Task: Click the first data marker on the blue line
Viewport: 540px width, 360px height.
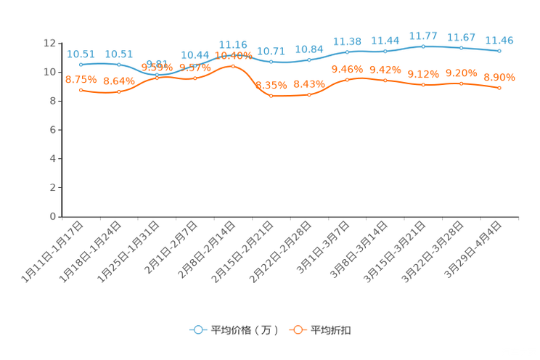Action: (x=81, y=65)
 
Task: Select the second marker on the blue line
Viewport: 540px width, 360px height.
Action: (x=119, y=65)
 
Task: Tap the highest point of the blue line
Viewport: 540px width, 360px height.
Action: (x=424, y=46)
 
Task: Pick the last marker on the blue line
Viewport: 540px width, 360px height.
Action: (x=500, y=51)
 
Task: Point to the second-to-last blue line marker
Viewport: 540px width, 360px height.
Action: (x=462, y=48)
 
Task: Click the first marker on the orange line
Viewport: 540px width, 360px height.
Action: (x=81, y=90)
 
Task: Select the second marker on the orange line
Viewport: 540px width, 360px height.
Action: (x=119, y=91)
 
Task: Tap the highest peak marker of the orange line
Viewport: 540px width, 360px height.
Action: (x=233, y=66)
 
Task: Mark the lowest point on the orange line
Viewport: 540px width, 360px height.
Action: (x=271, y=96)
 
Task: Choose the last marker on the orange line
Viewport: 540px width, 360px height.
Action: (x=500, y=87)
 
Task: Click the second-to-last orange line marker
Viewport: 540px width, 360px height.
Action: (x=462, y=83)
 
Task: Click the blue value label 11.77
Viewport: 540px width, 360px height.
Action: (x=424, y=36)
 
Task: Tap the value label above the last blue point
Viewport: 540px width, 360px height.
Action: (x=500, y=40)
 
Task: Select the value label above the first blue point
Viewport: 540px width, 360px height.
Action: (x=81, y=54)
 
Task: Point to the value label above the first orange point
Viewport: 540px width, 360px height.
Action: (x=81, y=79)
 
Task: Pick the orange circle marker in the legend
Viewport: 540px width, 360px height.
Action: (x=298, y=330)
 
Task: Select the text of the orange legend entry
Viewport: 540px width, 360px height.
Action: (x=332, y=330)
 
